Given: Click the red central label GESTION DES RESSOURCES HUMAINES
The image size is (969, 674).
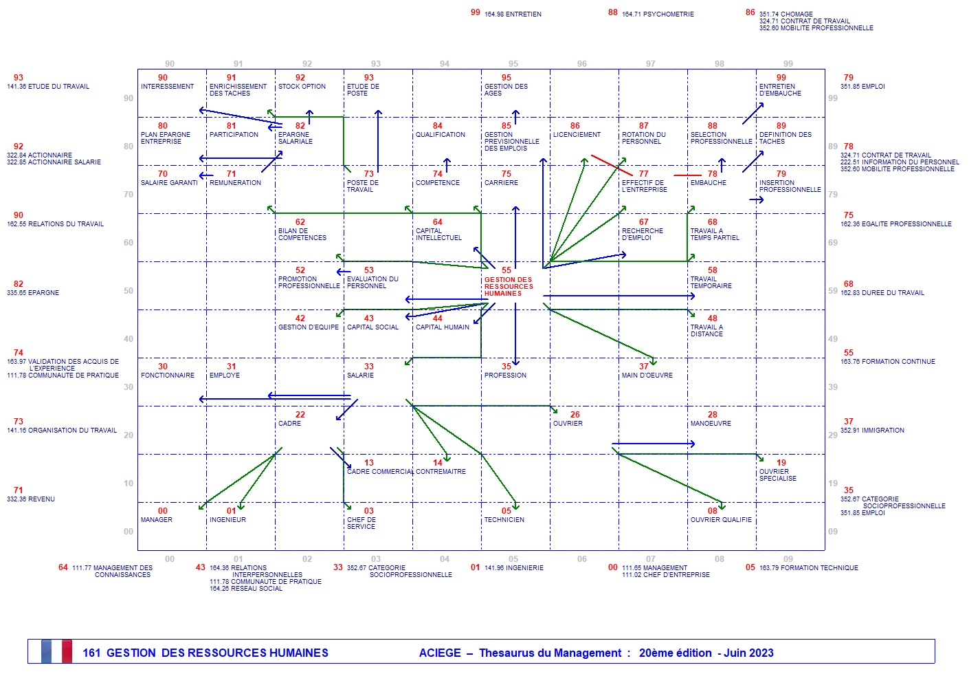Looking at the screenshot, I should (x=508, y=287).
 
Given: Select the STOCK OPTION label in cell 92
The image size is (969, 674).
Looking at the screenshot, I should (x=302, y=87).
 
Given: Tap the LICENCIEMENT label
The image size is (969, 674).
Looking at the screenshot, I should (x=577, y=135).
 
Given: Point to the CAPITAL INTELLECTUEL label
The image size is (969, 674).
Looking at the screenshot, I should (x=438, y=235).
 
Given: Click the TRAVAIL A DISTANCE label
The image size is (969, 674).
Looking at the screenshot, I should (x=706, y=331).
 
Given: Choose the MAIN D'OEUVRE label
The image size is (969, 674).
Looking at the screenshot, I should (x=647, y=376).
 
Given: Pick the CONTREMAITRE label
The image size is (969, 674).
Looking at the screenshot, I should (x=441, y=472).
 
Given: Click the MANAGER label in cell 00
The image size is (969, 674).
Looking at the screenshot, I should (x=157, y=520).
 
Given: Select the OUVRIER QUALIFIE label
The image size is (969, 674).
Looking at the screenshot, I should (x=721, y=520).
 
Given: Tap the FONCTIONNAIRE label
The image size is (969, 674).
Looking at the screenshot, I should (x=168, y=376).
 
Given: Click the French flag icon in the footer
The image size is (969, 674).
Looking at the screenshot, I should (x=56, y=652).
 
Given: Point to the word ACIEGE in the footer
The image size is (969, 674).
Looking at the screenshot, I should (x=440, y=653).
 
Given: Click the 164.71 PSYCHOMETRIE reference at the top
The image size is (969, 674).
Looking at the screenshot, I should (x=658, y=14).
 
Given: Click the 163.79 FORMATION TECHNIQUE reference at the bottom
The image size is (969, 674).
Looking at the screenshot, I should (x=808, y=568).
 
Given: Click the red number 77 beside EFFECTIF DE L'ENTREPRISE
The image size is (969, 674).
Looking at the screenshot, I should (x=643, y=174).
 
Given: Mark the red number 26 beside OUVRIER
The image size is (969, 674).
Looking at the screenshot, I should (x=575, y=415).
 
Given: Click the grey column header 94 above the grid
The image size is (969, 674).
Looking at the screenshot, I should (x=445, y=64).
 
